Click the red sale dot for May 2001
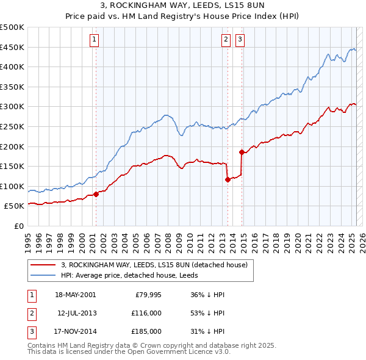[96, 195]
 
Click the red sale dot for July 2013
[228, 180]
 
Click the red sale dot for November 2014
[242, 153]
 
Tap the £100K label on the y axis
[12, 186]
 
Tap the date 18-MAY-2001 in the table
[75, 295]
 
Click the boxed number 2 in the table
[31, 314]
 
